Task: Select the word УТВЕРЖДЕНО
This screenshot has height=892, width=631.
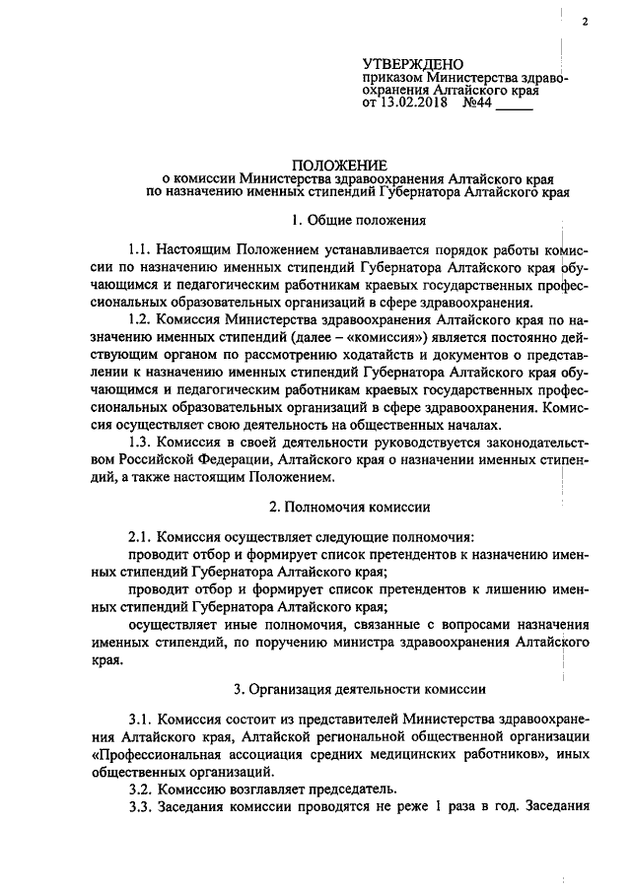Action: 412,65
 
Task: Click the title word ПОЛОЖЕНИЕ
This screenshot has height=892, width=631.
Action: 339,164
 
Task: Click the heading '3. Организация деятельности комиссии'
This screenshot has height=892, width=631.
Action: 350,687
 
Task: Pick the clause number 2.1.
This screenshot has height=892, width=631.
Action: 141,538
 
